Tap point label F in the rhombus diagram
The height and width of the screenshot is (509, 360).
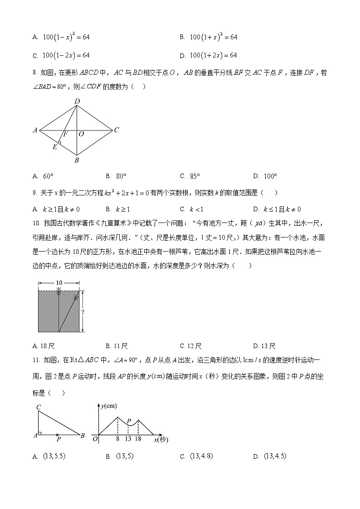[x=65, y=134]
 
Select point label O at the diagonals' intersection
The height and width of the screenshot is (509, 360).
[x=81, y=134]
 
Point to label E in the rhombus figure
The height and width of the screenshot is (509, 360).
[x=55, y=146]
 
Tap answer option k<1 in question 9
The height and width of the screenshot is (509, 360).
[x=191, y=209]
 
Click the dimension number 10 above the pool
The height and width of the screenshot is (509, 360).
[x=59, y=283]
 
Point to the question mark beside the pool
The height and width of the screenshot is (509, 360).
[x=83, y=312]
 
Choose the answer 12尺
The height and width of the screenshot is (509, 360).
[x=190, y=346]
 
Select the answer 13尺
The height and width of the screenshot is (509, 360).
[x=264, y=346]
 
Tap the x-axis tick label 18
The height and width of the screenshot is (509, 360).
[x=138, y=439]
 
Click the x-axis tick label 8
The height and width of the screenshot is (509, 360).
[x=117, y=439]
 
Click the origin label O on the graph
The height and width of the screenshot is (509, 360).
[x=95, y=439]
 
